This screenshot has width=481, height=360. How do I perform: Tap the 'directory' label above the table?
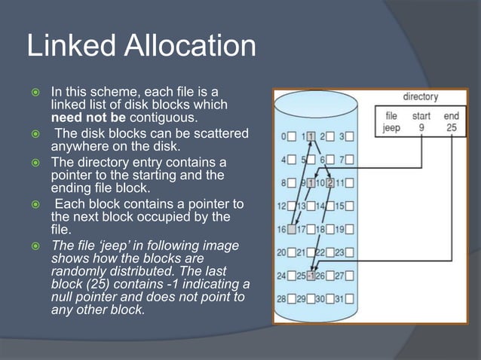pos(420,96)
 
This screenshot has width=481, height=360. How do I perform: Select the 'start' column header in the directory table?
pos(421,116)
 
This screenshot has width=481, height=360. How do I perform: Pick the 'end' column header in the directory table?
pos(451,116)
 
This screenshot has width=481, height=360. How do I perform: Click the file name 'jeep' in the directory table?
pos(391,127)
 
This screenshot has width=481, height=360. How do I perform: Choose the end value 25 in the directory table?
pos(451,127)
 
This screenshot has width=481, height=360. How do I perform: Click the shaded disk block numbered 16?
pos(292,229)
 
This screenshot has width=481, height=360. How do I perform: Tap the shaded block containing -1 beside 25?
pos(310,275)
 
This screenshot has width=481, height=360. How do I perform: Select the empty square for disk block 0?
pos(292,137)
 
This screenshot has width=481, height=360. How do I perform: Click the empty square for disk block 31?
pos(350,299)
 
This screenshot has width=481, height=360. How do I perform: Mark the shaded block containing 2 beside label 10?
pos(330,183)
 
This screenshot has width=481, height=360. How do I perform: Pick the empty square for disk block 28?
pos(292,299)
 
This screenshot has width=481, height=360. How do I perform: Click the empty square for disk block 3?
pos(350,137)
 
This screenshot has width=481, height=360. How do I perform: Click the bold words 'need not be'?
pos(88,118)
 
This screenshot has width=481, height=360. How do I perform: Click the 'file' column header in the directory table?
pos(391,116)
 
